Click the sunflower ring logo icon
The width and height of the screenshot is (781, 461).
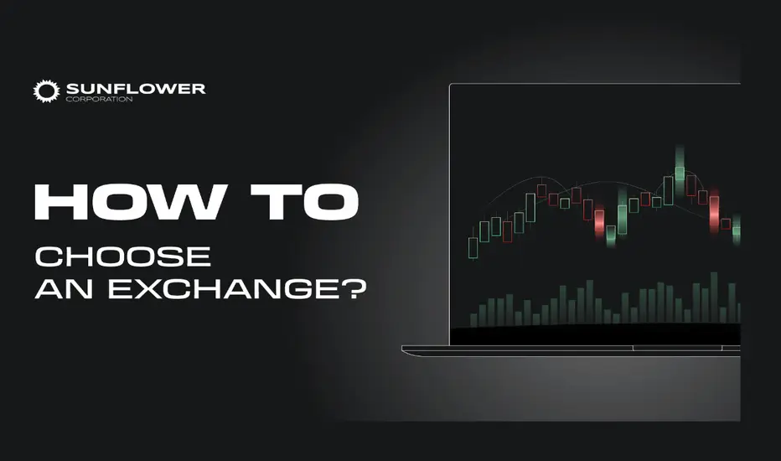pos(46,91)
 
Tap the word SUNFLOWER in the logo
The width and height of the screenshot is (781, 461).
pos(136,89)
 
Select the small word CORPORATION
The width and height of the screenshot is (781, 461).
pos(99,99)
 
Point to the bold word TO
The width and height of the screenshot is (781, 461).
pos(304,202)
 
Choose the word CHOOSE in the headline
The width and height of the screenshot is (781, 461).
pos(123,256)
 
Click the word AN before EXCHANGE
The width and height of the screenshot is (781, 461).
pos(64,289)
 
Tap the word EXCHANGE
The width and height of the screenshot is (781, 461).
pos(223,289)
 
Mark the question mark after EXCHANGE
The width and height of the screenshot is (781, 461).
pos(354,288)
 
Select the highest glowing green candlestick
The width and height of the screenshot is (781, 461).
pos(680,165)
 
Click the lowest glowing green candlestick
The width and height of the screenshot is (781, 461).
pos(611,233)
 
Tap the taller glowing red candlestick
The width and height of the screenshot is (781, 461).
pos(714,211)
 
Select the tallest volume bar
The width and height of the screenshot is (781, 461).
pos(714,298)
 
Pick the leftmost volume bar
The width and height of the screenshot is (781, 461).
pos(473,320)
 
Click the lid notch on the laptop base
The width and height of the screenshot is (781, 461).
pos(677,348)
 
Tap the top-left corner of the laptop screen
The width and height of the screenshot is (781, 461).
pos(450,84)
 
